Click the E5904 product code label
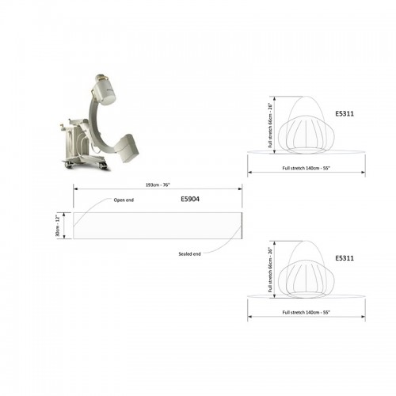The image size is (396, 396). (x=190, y=199)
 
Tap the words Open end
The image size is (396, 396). (x=124, y=200)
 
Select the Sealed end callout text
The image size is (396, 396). (x=189, y=254)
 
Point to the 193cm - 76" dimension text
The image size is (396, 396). (x=158, y=185)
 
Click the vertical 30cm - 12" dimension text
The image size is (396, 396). (x=58, y=226)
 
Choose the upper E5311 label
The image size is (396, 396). (x=345, y=113)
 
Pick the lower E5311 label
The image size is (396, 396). (x=345, y=258)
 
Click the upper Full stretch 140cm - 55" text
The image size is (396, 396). (x=307, y=168)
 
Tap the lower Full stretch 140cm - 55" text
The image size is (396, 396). (x=307, y=312)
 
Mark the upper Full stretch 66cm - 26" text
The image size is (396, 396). (x=270, y=125)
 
